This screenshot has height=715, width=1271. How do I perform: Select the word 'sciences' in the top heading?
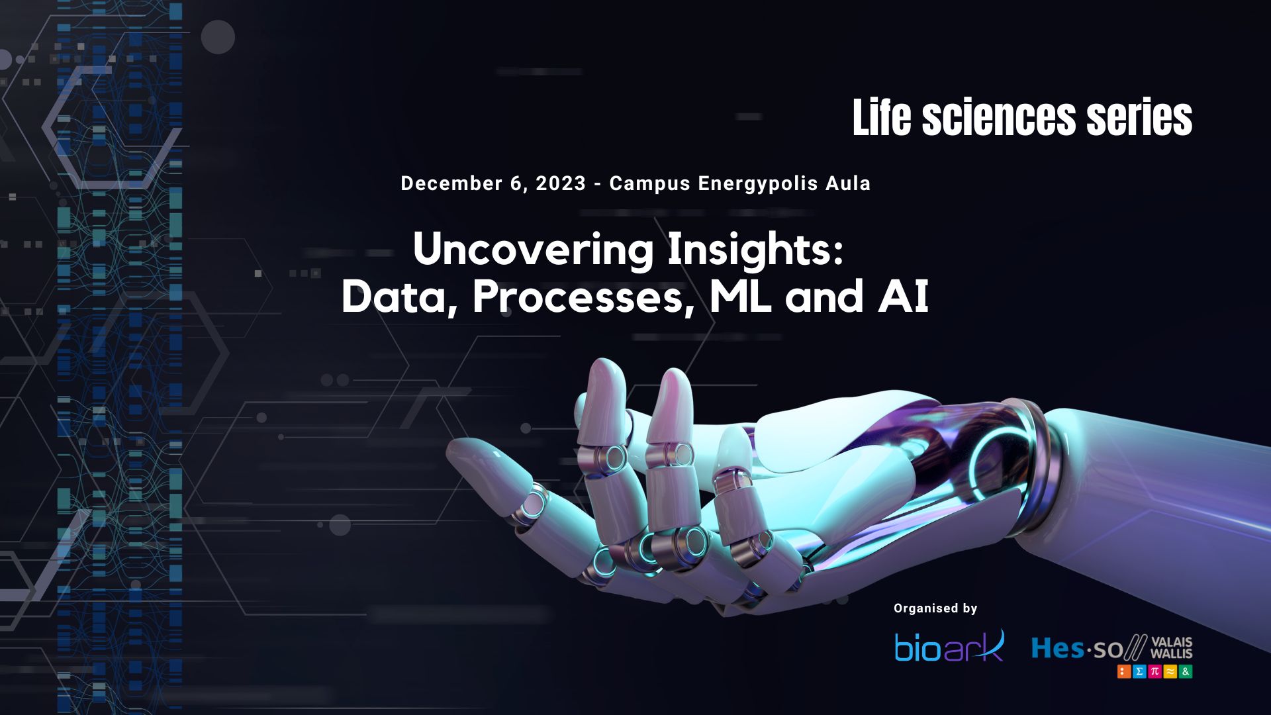(999, 118)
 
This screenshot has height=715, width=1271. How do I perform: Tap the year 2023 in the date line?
(561, 183)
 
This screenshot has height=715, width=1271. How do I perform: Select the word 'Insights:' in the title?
(755, 250)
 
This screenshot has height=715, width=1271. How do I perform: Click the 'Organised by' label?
(935, 608)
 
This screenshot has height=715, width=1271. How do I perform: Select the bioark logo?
(949, 647)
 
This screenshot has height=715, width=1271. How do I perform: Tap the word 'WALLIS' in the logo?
(1171, 653)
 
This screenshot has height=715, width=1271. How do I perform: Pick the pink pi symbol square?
(1154, 671)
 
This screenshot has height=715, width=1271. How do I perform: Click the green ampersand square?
(1186, 671)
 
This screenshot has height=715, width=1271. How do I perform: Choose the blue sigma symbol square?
(1139, 671)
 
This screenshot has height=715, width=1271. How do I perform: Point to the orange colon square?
(1124, 671)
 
